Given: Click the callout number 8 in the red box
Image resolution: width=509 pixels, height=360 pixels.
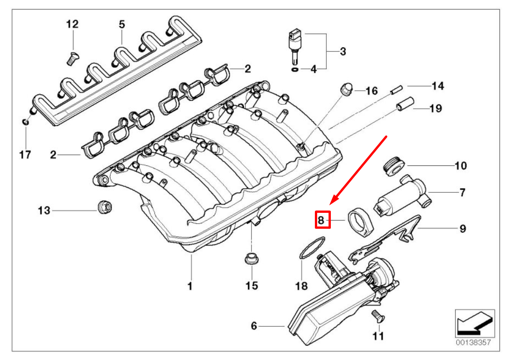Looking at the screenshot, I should click(x=322, y=221).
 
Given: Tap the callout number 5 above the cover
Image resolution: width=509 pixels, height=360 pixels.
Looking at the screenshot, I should click(x=122, y=24).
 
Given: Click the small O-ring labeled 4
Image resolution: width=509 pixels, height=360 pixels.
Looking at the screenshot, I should click(x=294, y=69).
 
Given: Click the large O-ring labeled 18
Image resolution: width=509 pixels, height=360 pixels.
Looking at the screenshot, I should click(x=313, y=248).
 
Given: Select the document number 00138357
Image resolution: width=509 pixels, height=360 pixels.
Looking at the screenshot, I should click(x=474, y=342).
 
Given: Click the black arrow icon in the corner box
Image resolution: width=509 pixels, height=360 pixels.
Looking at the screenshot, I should click(x=474, y=324).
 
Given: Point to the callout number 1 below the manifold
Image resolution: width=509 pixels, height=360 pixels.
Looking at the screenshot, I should click(x=190, y=286).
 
